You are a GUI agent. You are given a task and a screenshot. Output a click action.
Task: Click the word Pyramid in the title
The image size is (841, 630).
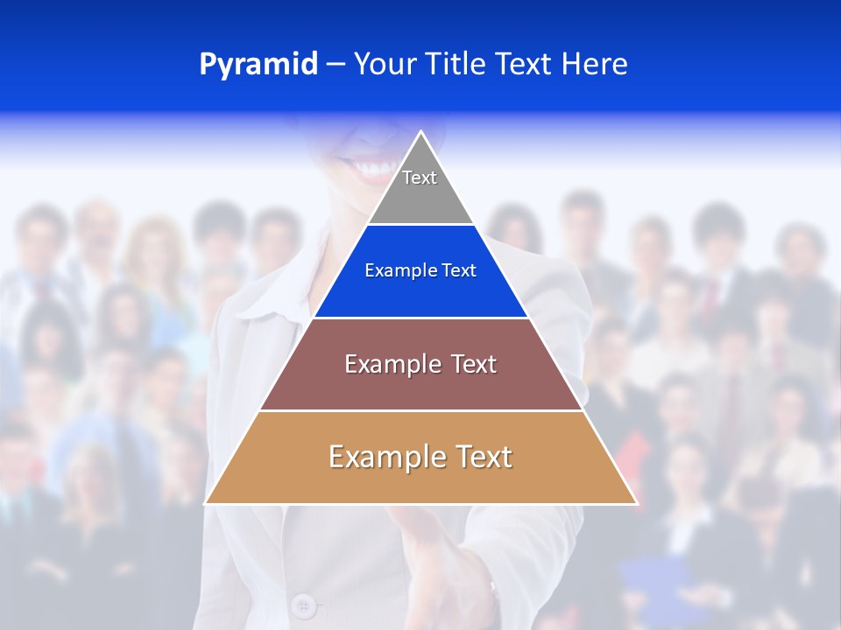click(258, 65)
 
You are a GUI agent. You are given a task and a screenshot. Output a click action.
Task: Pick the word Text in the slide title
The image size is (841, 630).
click(527, 64)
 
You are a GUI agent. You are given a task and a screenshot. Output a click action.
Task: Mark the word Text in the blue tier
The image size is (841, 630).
click(459, 271)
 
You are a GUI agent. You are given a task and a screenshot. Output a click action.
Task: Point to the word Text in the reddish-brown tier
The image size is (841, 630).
click(474, 364)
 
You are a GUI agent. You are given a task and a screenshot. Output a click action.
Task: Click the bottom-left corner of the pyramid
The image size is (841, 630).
click(206, 503)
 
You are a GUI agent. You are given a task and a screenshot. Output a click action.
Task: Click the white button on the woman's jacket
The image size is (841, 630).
click(303, 604)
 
